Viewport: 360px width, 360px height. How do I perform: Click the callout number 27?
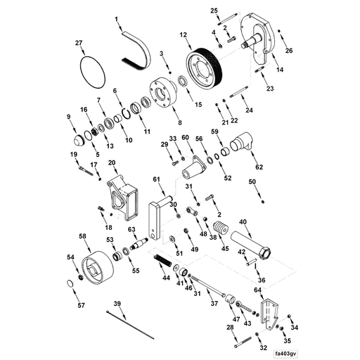(79, 44)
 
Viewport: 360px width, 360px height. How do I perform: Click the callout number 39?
(117, 302)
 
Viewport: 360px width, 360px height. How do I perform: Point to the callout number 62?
(259, 167)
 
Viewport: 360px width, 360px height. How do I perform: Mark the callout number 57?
(81, 305)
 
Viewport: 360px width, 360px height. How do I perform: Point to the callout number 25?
(214, 10)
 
